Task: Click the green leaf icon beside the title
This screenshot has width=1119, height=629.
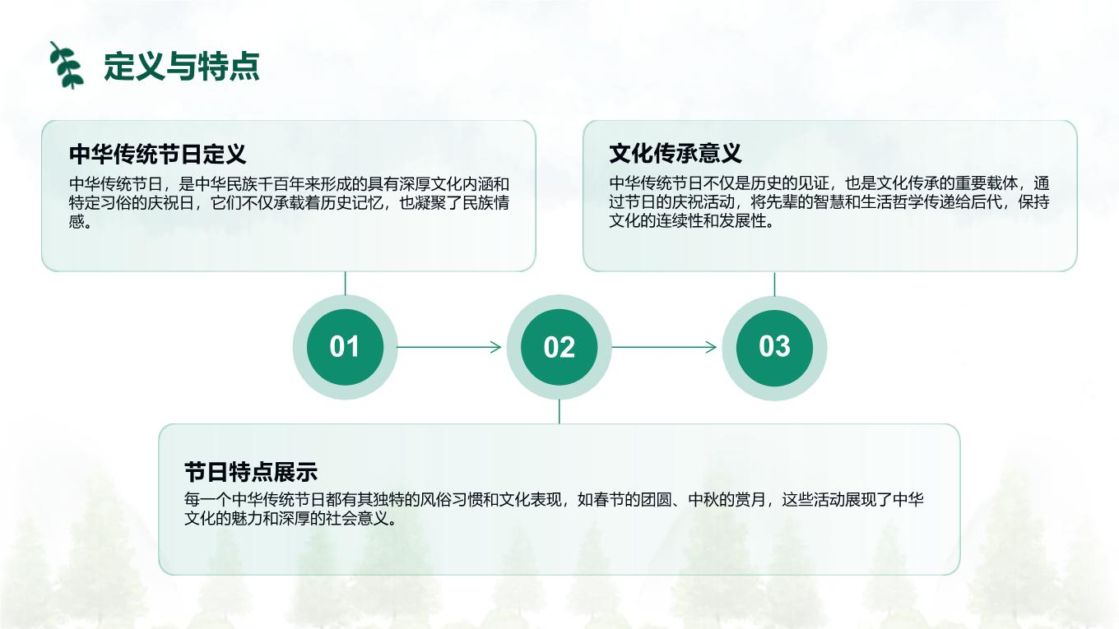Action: point(67,65)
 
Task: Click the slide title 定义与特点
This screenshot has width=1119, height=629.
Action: point(182,66)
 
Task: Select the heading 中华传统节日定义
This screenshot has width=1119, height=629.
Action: point(157,154)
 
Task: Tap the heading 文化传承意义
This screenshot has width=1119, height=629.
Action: point(675,153)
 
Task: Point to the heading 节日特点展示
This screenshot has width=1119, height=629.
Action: point(251,472)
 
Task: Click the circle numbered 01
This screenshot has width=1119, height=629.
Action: point(346,347)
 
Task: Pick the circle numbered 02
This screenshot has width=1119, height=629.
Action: point(559,347)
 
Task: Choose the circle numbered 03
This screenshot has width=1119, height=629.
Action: point(774,348)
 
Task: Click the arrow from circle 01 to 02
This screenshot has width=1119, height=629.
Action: point(449,347)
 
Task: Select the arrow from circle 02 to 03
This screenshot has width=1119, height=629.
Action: point(664,347)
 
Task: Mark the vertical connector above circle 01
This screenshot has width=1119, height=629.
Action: point(346,283)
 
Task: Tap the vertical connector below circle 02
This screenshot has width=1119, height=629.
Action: point(559,411)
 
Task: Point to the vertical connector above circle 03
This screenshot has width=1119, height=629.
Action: point(774,284)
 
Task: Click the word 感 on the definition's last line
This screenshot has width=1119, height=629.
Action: point(77,221)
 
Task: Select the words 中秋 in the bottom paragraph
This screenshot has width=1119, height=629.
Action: point(703,500)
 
